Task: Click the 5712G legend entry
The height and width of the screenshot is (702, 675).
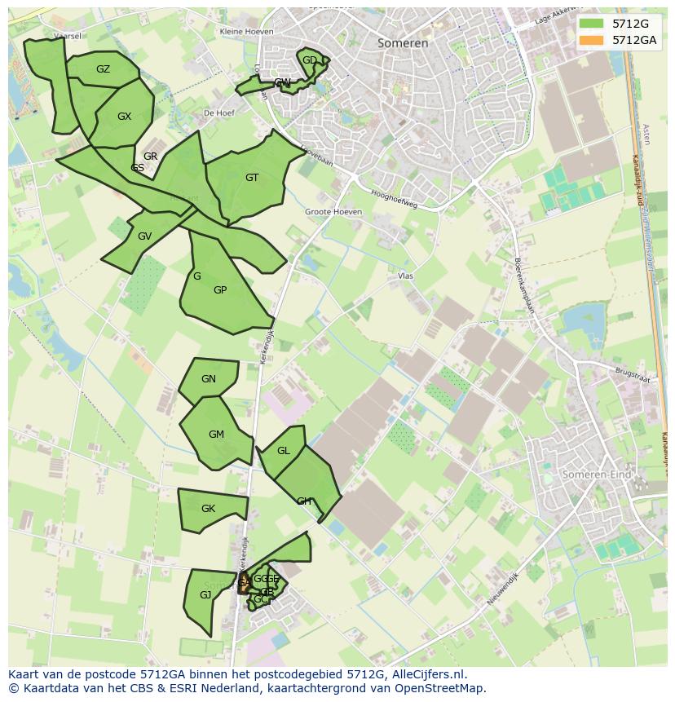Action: (629, 24)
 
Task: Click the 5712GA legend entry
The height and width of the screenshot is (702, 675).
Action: (633, 40)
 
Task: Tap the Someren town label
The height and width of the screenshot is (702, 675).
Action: (403, 43)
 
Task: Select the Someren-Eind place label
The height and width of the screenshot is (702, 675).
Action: (598, 474)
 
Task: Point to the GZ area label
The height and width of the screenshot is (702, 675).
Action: (103, 69)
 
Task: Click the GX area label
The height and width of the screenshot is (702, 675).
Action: (124, 117)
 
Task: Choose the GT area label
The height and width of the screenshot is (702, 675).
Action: (252, 178)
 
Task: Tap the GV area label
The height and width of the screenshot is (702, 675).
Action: (144, 236)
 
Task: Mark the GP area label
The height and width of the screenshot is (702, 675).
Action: (220, 290)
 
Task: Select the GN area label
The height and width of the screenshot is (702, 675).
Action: (209, 379)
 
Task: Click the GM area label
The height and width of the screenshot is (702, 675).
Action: (216, 435)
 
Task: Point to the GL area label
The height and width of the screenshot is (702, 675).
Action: (284, 451)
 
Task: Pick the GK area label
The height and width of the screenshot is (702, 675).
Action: (208, 509)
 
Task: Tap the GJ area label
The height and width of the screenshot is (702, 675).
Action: (205, 595)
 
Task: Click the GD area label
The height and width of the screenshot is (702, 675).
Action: (310, 60)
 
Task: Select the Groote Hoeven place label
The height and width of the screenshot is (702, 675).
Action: (333, 212)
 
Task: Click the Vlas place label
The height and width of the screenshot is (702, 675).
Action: (406, 276)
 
